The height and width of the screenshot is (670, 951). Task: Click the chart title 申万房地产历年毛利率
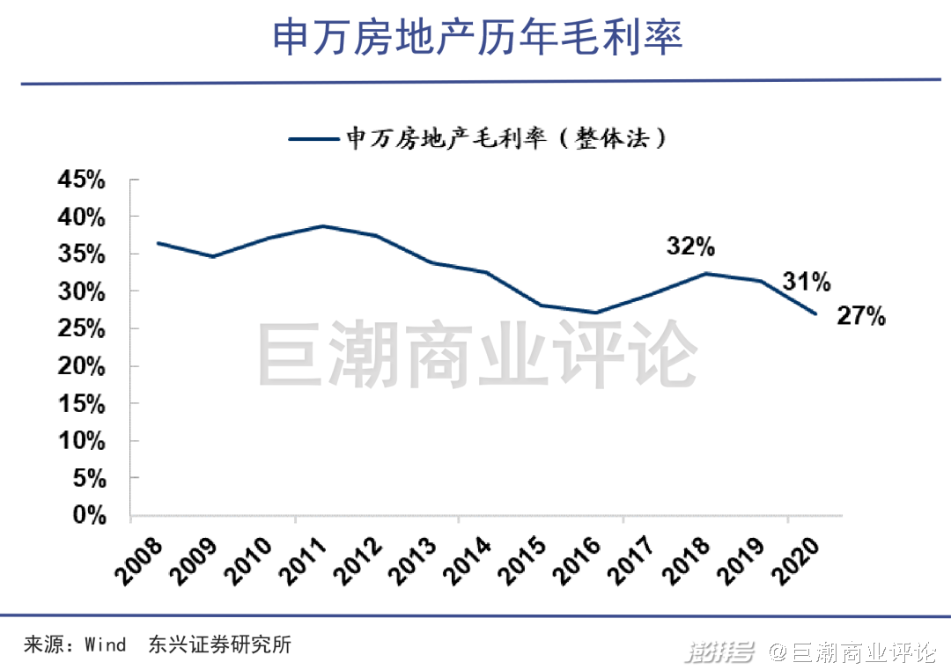point(476,38)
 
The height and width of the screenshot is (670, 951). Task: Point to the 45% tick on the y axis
point(81,180)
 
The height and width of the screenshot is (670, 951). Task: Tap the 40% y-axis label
point(81,217)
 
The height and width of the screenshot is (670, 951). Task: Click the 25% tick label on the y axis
point(81,329)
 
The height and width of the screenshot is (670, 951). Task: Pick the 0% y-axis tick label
point(88,516)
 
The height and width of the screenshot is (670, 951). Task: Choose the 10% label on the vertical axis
point(81,441)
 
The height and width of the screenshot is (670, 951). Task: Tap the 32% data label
point(690,247)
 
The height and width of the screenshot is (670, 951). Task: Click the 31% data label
point(807,282)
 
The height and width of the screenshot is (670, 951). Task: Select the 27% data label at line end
point(860,317)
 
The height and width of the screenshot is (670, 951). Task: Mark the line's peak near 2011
point(323,226)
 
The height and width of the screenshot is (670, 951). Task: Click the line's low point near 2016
point(596,313)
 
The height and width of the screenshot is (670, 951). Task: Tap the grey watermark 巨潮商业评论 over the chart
point(476,357)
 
